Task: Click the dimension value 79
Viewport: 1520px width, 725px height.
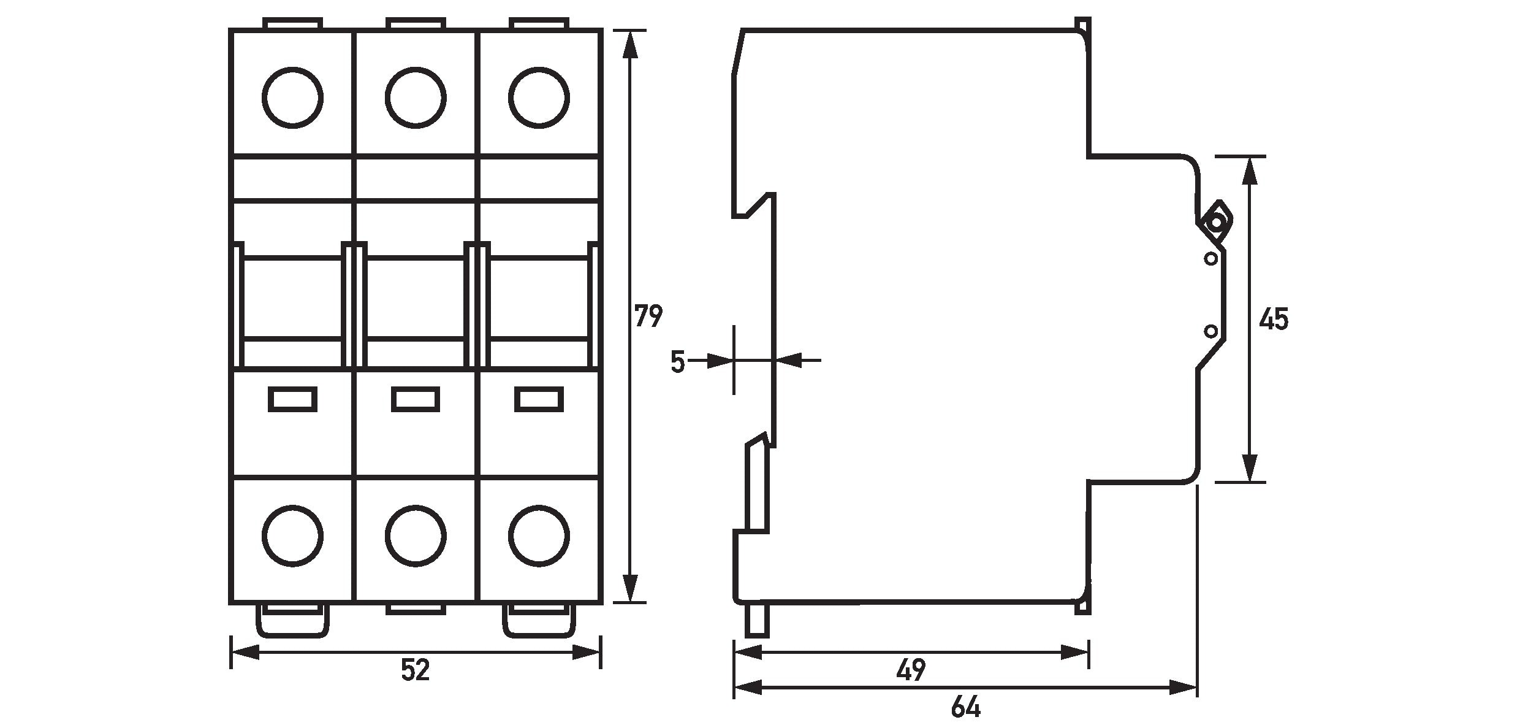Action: click(648, 316)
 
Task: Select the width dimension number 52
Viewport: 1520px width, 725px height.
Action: click(416, 670)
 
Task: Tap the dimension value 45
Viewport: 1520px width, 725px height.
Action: click(1274, 320)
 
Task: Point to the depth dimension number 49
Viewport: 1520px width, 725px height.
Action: click(911, 670)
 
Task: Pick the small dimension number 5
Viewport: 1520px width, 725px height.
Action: click(677, 361)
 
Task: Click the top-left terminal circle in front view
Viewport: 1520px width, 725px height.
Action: click(292, 98)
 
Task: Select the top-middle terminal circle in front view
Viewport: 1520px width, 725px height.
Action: click(416, 98)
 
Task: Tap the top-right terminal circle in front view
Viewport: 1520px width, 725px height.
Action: click(539, 98)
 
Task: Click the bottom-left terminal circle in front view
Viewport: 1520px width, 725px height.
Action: click(292, 536)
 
